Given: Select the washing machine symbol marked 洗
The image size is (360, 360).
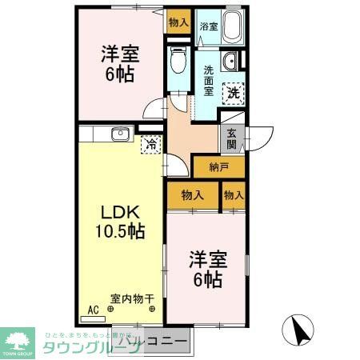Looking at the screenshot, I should (234, 92).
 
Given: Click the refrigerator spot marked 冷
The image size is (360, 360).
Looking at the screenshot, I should (149, 144).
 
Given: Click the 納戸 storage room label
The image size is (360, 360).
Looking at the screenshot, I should (218, 166).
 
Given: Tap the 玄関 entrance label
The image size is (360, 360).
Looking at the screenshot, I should (232, 139).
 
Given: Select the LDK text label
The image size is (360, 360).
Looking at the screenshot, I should (121, 213).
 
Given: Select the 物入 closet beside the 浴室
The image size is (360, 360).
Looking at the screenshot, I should (178, 22).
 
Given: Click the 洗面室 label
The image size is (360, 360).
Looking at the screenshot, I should (207, 80).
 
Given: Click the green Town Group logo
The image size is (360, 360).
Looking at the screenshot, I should (18, 342).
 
